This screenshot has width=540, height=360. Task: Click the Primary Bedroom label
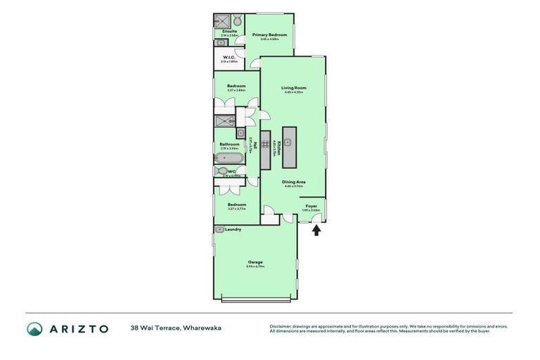pyautogui.click(x=271, y=34)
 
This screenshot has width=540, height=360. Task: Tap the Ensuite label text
pyautogui.click(x=229, y=32)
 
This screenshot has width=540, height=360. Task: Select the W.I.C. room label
pyautogui.click(x=229, y=58)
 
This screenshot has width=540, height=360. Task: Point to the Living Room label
pyautogui.click(x=293, y=88)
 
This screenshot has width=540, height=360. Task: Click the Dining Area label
pyautogui.click(x=293, y=182)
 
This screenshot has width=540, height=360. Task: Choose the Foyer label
pyautogui.click(x=311, y=206)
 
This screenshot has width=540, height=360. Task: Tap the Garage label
pyautogui.click(x=255, y=262)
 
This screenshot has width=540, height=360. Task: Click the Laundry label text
pyautogui.click(x=233, y=229)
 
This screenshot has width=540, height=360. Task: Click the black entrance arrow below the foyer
pyautogui.click(x=316, y=230)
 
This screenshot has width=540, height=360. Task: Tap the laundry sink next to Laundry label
pyautogui.click(x=219, y=229)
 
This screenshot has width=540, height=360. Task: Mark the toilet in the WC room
pyautogui.click(x=221, y=171)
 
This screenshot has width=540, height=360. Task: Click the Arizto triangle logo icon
pyautogui.click(x=34, y=328)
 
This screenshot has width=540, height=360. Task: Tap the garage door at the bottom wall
pyautogui.click(x=255, y=300)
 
